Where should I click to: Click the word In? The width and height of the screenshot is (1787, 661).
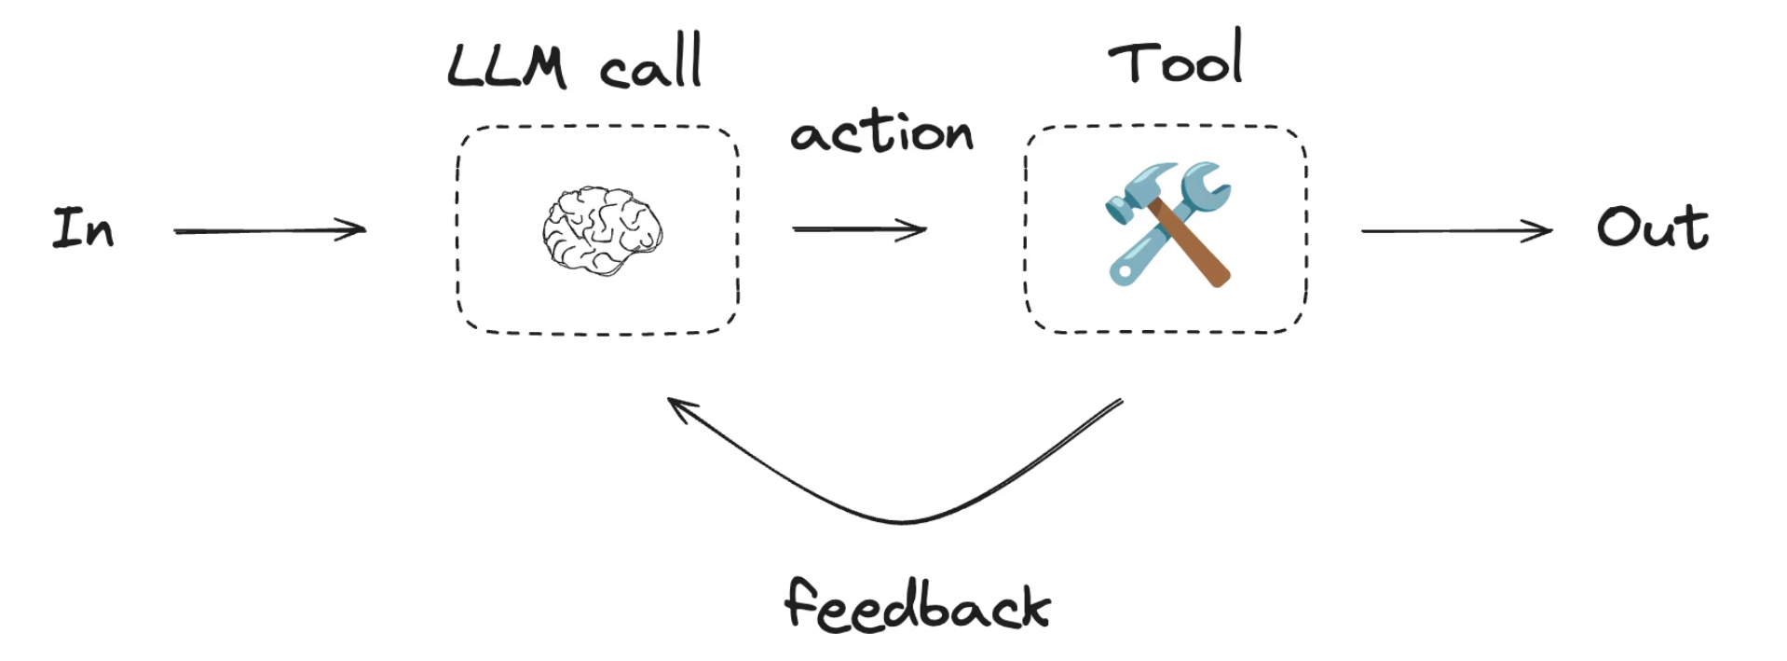[x=84, y=228]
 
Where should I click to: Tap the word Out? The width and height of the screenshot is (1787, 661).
[x=1653, y=227]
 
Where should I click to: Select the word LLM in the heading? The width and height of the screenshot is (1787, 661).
[x=507, y=66]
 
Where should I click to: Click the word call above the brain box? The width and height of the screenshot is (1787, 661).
[x=650, y=63]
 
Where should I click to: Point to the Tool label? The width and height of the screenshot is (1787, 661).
[x=1176, y=56]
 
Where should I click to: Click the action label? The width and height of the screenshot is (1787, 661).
[x=881, y=132]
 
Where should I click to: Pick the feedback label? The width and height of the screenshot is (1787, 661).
[x=918, y=605]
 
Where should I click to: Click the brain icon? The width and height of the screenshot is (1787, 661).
[x=602, y=230]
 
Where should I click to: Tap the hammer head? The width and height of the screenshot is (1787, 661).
[x=1138, y=192]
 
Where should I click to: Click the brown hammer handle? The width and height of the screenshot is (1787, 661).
[x=1190, y=244]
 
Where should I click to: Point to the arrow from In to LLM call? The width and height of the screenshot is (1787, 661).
[x=270, y=229]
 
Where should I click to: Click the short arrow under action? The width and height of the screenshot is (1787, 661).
[x=859, y=229]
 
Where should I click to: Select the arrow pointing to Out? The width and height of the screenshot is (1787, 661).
[x=1457, y=230]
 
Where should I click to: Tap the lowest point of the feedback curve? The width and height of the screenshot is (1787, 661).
[x=902, y=520]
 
